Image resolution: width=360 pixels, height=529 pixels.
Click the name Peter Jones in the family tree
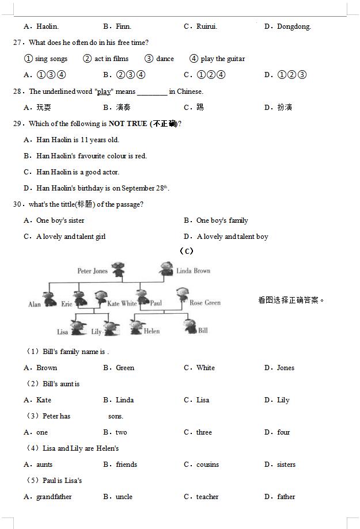point(92,271)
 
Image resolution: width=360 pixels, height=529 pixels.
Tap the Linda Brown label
point(193,271)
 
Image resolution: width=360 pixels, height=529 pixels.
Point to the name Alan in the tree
point(35,304)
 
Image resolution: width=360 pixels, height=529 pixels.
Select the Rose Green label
point(205,303)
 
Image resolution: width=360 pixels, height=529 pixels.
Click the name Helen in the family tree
point(151,331)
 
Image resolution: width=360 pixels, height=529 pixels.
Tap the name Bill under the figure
point(203,330)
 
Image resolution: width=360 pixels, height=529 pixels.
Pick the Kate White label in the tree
point(122,303)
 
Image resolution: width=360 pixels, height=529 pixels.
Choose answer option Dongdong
point(293,26)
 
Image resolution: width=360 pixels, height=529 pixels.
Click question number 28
point(18,92)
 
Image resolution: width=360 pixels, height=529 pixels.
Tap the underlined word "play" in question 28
point(104,92)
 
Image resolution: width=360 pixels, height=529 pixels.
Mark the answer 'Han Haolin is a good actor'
point(70,172)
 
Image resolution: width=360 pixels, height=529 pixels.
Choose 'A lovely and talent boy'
point(232,237)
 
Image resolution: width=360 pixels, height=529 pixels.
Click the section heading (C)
point(186,251)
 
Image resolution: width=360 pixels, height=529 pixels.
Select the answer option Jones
point(285,368)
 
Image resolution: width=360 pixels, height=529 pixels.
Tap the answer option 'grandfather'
point(54,497)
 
